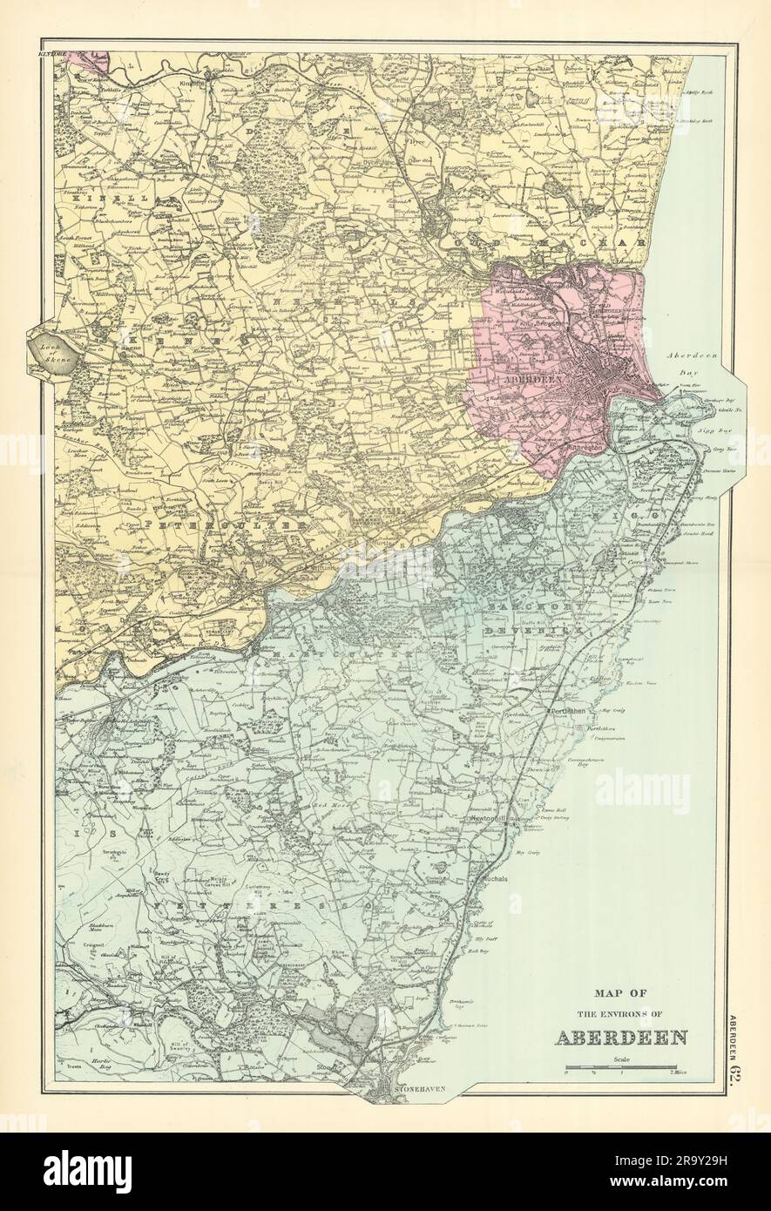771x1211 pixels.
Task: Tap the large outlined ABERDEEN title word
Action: point(620,1038)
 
